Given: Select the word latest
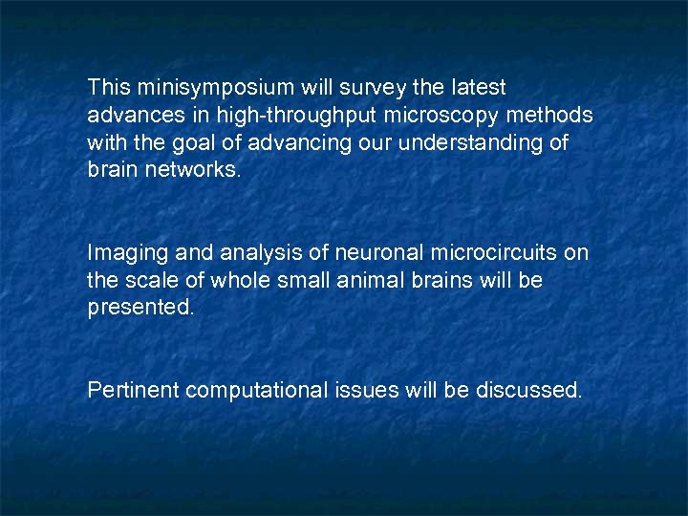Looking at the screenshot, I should tap(477, 88).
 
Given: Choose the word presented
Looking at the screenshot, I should tap(140, 309).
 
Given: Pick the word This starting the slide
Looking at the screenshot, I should tap(107, 88).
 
